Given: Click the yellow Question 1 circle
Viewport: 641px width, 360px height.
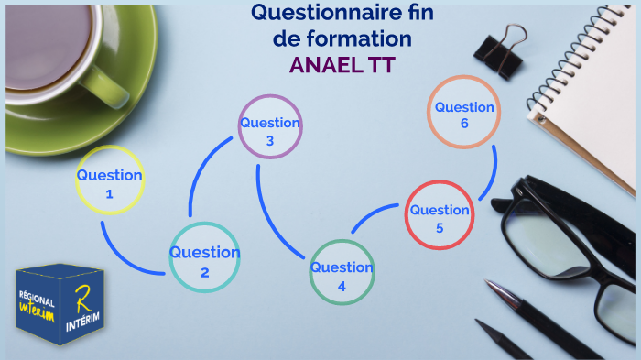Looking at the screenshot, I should pos(110,180).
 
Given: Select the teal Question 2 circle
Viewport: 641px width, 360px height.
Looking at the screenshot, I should pos(204,257).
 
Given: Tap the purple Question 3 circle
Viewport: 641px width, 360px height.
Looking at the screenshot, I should pos(270,127).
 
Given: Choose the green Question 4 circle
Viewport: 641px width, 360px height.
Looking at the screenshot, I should pos(342,272).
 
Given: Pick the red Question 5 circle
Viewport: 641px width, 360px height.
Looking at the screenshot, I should pos(440,214).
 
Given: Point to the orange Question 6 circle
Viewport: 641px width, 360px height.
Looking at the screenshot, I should pos(464,112).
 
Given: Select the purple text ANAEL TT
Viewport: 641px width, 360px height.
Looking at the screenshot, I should pos(341,65).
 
